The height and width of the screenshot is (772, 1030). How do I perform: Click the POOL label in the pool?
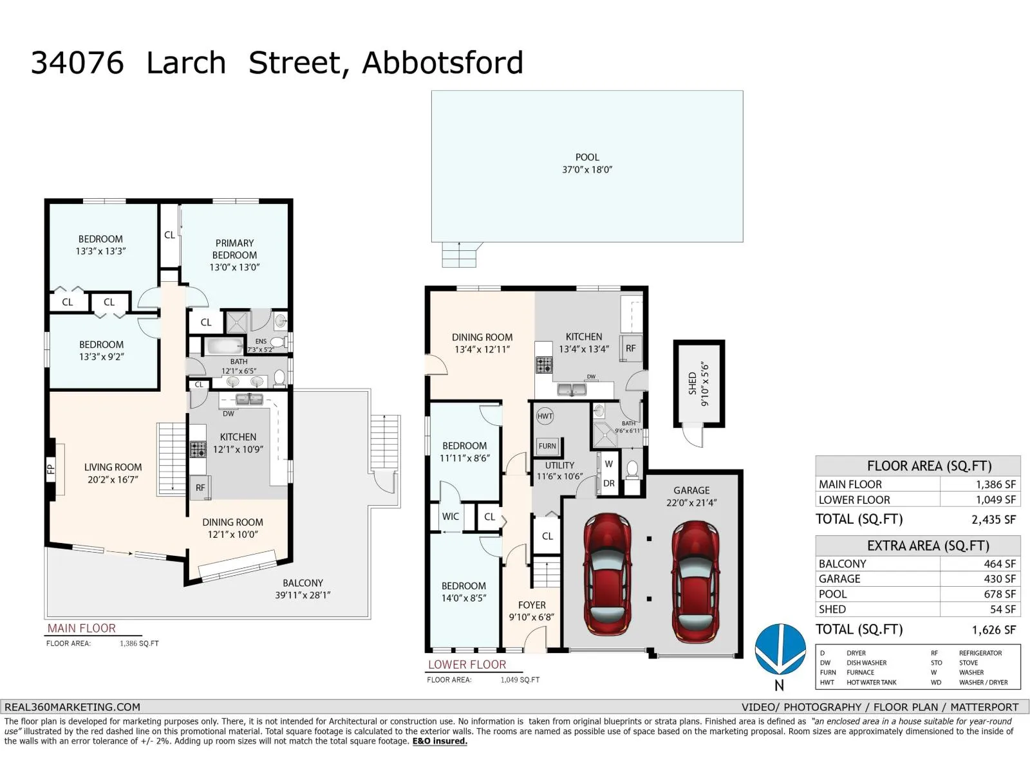587,158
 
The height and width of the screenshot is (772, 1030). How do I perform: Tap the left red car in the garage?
608,574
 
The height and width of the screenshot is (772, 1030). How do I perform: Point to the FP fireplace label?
51,469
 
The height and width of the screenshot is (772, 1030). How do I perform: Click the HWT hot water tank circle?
545,416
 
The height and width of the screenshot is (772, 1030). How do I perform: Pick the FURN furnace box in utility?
547,446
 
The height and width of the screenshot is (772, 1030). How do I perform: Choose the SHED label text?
692,383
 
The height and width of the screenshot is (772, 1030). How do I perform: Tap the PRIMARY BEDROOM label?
234,249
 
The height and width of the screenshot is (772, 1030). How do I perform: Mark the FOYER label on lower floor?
532,605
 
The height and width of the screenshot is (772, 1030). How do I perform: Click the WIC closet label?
451,517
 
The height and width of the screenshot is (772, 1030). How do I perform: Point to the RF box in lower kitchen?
631,348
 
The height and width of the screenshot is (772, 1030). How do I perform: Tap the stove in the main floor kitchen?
198,449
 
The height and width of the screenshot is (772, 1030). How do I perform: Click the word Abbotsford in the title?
442,62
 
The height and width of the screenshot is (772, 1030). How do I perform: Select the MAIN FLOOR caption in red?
82,629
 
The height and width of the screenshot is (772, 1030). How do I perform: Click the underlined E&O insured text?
440,741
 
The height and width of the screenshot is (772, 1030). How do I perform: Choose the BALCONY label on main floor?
303,583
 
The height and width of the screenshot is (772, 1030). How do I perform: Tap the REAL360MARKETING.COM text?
72,707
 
